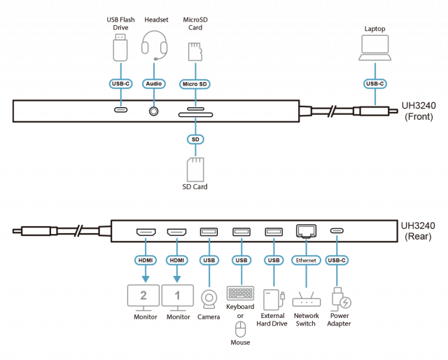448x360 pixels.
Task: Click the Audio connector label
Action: coord(153,84)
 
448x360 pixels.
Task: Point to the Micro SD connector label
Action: coord(195,84)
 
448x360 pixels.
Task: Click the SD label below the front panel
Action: coord(195,139)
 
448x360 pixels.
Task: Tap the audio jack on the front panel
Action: coord(153,110)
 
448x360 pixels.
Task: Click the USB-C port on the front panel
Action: coord(121,110)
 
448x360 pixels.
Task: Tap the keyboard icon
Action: coord(240,293)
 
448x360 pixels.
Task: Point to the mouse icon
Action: coord(240,329)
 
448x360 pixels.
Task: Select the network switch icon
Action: coord(306,301)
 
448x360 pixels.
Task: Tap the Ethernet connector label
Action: coord(306,260)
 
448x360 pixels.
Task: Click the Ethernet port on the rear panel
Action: coord(306,230)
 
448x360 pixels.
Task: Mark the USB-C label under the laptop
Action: coord(375,84)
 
